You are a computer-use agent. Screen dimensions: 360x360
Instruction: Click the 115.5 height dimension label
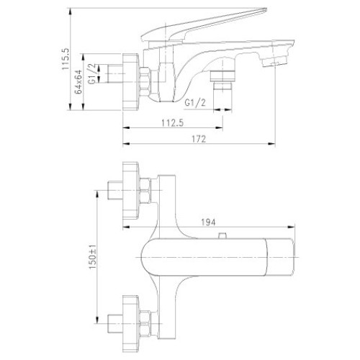tap(66, 59)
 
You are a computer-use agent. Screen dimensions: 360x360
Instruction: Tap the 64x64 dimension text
tap(78, 81)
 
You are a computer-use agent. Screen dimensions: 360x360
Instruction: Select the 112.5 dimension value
tap(172, 123)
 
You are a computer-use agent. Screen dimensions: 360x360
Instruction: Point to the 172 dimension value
tap(199, 139)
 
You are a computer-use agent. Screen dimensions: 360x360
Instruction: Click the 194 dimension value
tap(208, 222)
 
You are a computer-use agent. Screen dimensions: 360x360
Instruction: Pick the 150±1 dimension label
tap(93, 257)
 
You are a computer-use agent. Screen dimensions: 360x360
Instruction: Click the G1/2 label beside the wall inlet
tap(92, 74)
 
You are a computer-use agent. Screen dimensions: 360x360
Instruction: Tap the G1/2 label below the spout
tap(195, 103)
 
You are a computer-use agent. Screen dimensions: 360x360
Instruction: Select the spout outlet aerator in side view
tap(275, 61)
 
